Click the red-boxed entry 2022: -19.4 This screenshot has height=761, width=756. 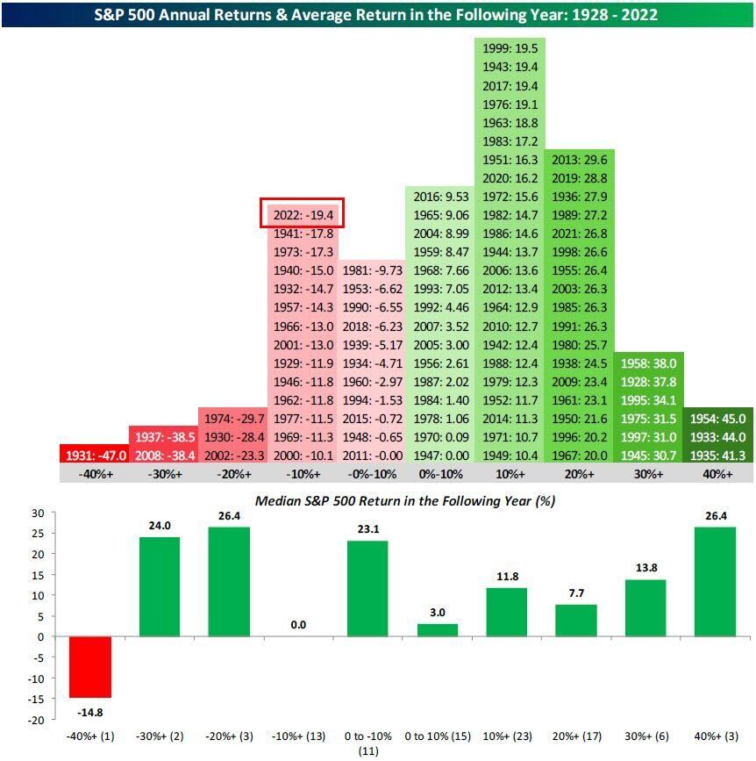(303, 213)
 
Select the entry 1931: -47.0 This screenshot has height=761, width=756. (96, 455)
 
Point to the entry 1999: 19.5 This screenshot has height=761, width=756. (510, 48)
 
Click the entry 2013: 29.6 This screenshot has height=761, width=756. (579, 159)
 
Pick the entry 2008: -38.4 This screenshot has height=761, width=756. (164, 455)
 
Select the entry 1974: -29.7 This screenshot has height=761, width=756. (232, 418)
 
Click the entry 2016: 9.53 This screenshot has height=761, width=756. (440, 196)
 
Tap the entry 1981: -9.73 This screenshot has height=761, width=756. (371, 270)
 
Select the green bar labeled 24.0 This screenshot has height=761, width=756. (159, 586)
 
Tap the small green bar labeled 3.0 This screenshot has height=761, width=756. (436, 630)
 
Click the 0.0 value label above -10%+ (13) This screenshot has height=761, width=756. (297, 625)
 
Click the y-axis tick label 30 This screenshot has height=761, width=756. (37, 513)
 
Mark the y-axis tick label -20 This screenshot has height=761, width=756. (34, 720)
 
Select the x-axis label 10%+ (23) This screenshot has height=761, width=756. (505, 736)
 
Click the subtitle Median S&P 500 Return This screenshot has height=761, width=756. (404, 501)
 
